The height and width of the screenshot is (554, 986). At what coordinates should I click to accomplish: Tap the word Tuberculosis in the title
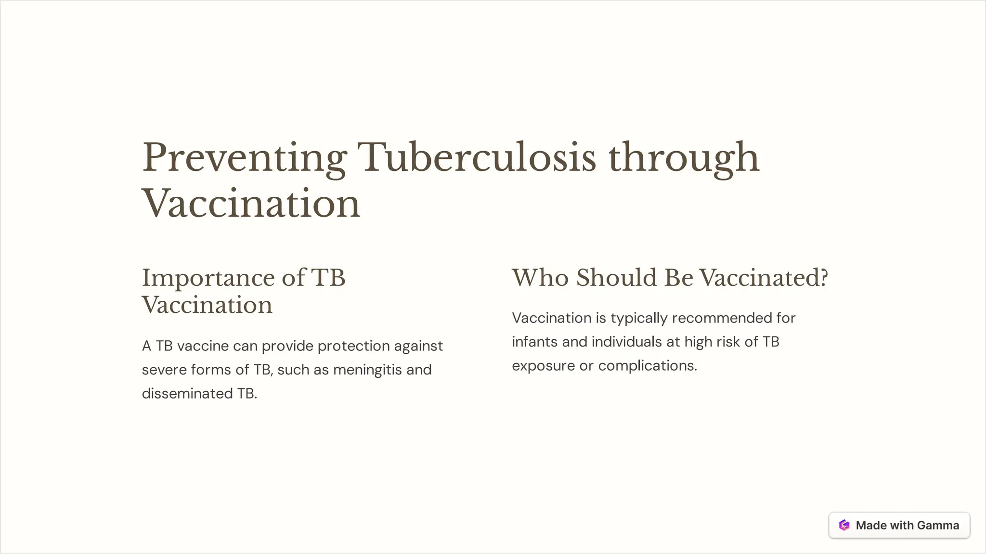[x=476, y=157]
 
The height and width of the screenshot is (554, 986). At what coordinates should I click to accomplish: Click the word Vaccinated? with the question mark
[x=763, y=278]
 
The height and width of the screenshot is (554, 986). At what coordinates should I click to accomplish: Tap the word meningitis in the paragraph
[x=367, y=370]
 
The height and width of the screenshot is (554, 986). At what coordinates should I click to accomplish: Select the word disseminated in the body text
[x=187, y=394]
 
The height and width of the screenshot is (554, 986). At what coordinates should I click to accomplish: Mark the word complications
[x=648, y=366]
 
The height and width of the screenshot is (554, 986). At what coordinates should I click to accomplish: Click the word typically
[x=639, y=319]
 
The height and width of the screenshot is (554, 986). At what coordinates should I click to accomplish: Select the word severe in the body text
[x=164, y=370]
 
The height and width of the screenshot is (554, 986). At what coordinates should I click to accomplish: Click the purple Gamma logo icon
[x=844, y=525]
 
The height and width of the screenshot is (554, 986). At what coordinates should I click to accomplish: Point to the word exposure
[x=543, y=366]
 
